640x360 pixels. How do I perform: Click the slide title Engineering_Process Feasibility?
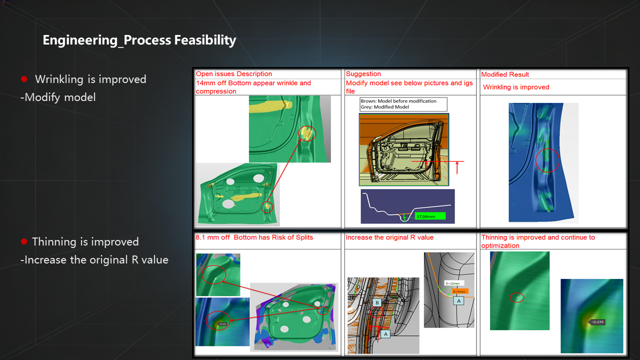tap(139, 40)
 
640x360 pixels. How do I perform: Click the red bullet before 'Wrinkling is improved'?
tap(23, 79)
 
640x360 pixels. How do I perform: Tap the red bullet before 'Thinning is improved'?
tap(23, 242)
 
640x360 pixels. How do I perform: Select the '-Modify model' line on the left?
tap(58, 97)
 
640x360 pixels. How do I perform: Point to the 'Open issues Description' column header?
tap(234, 74)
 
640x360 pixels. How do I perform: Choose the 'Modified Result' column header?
tap(505, 74)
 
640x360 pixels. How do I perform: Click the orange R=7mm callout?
tap(458, 291)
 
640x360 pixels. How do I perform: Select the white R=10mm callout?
tap(454, 283)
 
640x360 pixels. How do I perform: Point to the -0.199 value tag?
tap(597, 322)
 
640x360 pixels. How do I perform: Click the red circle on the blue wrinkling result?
tap(547, 160)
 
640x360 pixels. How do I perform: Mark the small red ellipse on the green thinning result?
tap(517, 297)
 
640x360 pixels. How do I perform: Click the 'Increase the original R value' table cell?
tap(390, 237)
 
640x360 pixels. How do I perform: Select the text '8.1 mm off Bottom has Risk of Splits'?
tap(254, 237)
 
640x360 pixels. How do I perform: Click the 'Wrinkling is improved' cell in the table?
tap(516, 87)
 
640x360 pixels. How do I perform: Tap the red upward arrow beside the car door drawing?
tap(457, 167)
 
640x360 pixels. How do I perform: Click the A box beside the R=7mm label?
tap(458, 300)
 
